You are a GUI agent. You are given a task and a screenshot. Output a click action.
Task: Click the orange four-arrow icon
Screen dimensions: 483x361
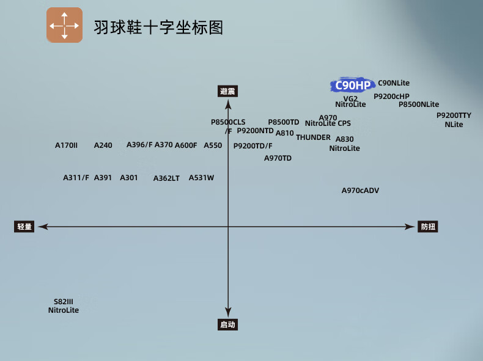pyautogui.click(x=64, y=25)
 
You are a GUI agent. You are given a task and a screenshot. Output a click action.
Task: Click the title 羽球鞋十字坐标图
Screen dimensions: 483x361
pyautogui.click(x=158, y=27)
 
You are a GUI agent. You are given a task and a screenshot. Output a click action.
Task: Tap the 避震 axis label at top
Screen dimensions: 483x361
pyautogui.click(x=227, y=92)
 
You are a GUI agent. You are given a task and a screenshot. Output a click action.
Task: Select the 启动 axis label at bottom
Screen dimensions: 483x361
pyautogui.click(x=227, y=324)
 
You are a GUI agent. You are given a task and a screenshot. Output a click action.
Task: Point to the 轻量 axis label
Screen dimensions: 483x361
pyautogui.click(x=24, y=227)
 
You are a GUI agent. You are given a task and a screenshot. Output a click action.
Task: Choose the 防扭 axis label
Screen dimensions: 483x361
pyautogui.click(x=428, y=227)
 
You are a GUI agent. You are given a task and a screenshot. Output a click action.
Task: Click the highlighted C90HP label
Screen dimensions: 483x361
pyautogui.click(x=352, y=86)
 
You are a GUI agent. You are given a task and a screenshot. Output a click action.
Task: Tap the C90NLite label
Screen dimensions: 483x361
pyautogui.click(x=394, y=82)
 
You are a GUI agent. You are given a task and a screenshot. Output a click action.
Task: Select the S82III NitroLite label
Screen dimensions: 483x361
pyautogui.click(x=64, y=306)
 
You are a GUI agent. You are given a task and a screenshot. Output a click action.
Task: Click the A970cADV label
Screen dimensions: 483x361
pyautogui.click(x=360, y=191)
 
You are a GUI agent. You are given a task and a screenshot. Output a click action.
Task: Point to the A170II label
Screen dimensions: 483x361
pyautogui.click(x=66, y=145)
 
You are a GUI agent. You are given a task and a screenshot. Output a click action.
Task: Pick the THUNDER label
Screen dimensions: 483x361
pyautogui.click(x=313, y=137)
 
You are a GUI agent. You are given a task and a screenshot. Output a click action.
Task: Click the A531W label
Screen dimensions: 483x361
pyautogui.click(x=201, y=178)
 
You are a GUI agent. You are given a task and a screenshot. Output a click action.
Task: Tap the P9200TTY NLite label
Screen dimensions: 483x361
pyautogui.click(x=454, y=120)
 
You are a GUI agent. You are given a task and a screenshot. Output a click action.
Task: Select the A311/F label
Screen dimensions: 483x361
pyautogui.click(x=76, y=178)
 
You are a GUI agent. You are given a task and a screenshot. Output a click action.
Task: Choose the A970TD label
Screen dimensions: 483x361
pyautogui.click(x=278, y=158)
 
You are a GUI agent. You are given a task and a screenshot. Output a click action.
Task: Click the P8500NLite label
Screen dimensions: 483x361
pyautogui.click(x=419, y=104)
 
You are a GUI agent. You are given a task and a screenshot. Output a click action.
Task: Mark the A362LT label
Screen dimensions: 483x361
pyautogui.click(x=166, y=178)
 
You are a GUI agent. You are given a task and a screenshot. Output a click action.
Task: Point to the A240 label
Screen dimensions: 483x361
pyautogui.click(x=103, y=145)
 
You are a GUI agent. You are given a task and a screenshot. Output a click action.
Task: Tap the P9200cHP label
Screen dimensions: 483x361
pyautogui.click(x=391, y=96)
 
